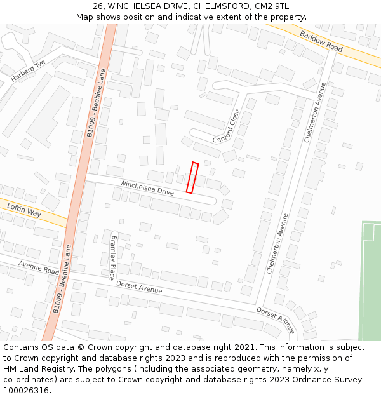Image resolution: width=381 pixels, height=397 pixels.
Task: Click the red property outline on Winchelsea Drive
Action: (x=192, y=177)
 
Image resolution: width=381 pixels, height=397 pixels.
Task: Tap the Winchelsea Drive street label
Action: (x=147, y=188)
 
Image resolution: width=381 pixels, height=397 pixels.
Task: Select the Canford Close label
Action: (x=226, y=126)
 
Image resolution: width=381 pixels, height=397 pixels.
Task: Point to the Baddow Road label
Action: (x=321, y=42)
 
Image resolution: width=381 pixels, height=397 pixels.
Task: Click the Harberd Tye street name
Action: (x=28, y=71)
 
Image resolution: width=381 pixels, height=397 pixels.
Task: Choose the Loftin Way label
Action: (x=24, y=210)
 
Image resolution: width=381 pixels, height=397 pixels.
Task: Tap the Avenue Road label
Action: (x=38, y=267)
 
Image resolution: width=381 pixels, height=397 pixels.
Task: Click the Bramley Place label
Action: (x=114, y=257)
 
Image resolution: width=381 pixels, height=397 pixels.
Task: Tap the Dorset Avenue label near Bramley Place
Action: (x=139, y=287)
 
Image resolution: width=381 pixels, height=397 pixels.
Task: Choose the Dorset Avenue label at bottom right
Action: (x=276, y=319)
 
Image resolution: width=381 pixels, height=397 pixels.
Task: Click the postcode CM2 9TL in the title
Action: (x=271, y=6)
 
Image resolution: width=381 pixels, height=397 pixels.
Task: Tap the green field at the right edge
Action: (x=371, y=286)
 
